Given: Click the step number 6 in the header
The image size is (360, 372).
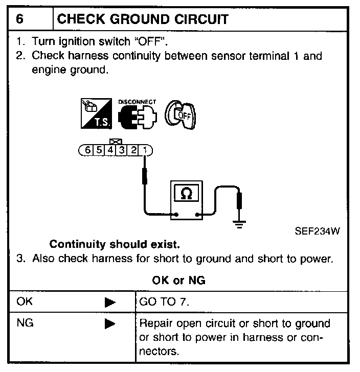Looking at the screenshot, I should [19, 19].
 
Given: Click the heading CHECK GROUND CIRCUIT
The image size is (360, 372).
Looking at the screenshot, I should [143, 19].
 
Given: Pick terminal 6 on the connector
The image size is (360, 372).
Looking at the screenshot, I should [88, 150].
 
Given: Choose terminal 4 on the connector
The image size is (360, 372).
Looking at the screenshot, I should [111, 150].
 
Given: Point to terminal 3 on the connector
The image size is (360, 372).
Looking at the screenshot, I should [123, 150].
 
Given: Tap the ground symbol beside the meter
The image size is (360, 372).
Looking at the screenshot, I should [238, 223].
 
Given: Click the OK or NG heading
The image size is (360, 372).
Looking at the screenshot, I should [179, 281].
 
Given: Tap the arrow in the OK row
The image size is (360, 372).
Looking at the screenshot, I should [109, 303].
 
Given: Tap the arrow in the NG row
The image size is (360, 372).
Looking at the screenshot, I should [109, 324].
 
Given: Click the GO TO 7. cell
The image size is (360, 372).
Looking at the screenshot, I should [164, 302].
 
